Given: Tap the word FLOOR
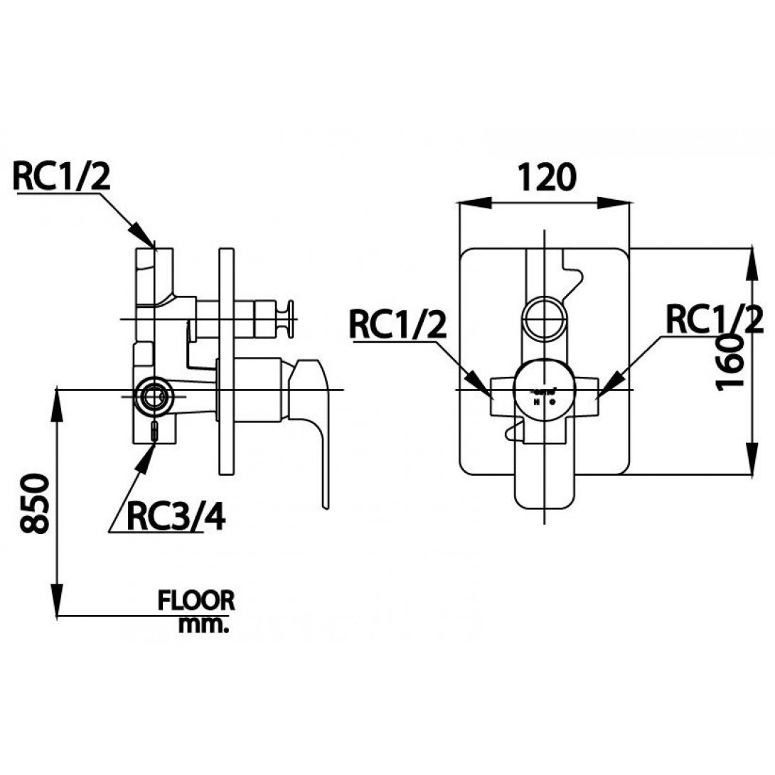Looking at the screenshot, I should tap(196, 601).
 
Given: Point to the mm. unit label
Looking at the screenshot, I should tap(204, 625).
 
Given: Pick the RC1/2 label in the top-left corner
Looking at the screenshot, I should tap(63, 176).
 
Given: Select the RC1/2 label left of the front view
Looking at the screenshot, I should tap(398, 326).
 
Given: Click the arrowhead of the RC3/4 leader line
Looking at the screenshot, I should tap(146, 451).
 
